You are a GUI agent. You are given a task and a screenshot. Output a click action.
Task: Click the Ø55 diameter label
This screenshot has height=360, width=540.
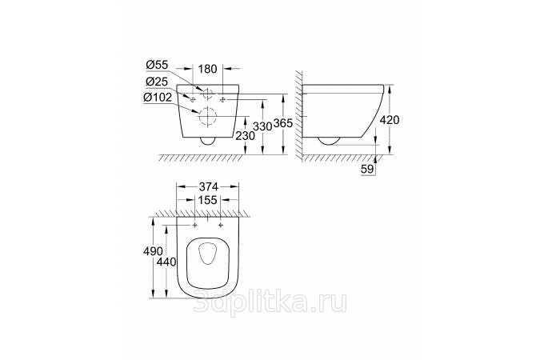157,65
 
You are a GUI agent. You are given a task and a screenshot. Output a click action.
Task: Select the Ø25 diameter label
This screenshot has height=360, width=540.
157,82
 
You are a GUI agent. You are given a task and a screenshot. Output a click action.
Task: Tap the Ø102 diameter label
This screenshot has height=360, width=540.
158,98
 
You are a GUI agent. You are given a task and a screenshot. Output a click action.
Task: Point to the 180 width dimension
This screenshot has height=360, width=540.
208,69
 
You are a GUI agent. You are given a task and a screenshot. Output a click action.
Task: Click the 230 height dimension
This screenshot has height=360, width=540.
246,136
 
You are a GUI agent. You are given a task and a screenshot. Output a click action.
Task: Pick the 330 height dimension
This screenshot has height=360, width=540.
262,126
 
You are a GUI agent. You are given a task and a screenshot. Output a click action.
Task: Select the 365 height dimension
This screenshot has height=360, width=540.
283,123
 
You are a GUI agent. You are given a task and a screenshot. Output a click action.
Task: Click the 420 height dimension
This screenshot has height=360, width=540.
390,120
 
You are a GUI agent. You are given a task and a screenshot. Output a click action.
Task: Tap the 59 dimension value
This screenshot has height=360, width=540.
367,169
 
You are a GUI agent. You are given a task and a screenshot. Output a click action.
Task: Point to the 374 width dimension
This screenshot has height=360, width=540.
208,186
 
